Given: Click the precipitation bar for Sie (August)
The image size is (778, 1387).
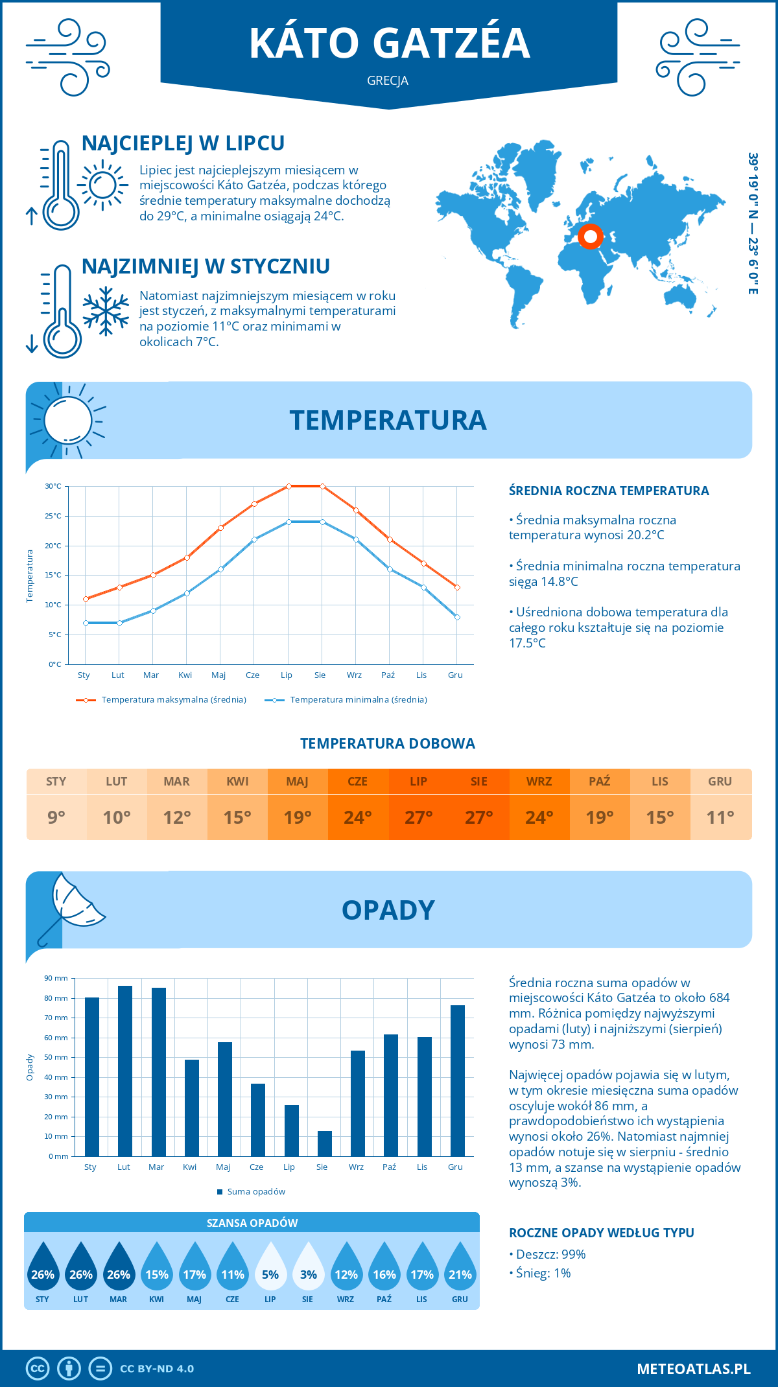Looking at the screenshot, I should [325, 1144].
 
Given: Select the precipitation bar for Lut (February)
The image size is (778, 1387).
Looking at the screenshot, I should [125, 1071].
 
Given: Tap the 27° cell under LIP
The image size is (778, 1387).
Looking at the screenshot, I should [418, 817].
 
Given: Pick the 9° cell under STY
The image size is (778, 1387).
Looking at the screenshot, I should [56, 817].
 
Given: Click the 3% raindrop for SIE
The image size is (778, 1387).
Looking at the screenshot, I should [308, 1268].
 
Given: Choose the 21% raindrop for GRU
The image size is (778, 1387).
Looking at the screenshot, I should [460, 1268].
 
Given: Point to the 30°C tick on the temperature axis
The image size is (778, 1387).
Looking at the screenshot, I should [53, 486].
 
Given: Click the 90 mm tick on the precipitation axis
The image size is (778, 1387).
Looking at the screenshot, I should [56, 978].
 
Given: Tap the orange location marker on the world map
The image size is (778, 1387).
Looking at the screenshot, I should [590, 237].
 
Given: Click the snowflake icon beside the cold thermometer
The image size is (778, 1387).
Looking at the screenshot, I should [106, 311].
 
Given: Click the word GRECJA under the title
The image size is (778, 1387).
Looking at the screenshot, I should [388, 81].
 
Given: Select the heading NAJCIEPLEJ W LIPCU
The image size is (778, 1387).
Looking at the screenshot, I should [183, 143].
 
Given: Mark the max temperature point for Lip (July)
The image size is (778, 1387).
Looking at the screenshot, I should [289, 486].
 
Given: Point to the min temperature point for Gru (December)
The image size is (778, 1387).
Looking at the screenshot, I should [457, 617].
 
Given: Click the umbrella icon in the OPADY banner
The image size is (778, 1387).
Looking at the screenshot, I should [70, 907].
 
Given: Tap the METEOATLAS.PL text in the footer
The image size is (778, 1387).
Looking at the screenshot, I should [694, 1369].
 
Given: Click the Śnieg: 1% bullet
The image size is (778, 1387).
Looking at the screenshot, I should [540, 1273].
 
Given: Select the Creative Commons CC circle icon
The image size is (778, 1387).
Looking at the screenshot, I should [38, 1369].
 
